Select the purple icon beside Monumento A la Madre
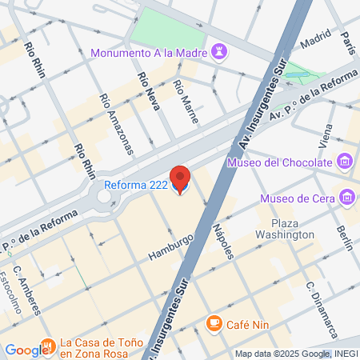(x=222, y=53)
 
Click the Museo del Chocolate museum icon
(x=344, y=163)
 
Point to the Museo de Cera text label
(x=297, y=198)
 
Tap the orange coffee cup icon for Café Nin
(x=214, y=322)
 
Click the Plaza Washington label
(x=286, y=229)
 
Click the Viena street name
(x=326, y=136)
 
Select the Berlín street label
(x=344, y=238)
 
